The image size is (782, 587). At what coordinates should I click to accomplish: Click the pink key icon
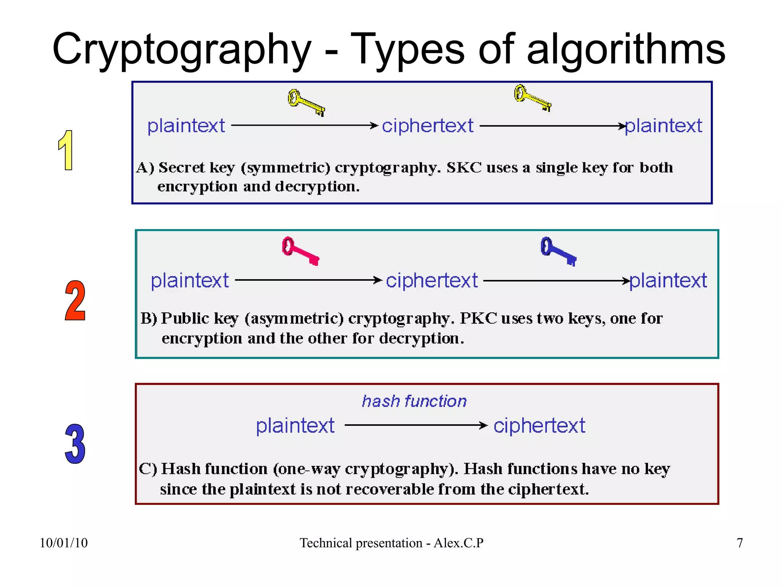[301, 251]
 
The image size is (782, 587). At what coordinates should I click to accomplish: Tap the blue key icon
[558, 251]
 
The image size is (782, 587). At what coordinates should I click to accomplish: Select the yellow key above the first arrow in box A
[306, 102]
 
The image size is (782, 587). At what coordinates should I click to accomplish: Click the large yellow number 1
[66, 150]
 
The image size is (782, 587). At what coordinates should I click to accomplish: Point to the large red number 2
[75, 301]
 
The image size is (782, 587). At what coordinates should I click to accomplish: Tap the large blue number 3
[75, 444]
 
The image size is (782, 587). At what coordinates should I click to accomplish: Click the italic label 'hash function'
[414, 401]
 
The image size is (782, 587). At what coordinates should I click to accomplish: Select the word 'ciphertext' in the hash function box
[539, 425]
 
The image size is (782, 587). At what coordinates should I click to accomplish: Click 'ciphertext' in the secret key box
[428, 126]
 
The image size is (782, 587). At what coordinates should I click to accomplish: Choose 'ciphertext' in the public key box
[432, 280]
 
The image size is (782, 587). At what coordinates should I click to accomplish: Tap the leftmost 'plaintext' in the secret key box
[186, 126]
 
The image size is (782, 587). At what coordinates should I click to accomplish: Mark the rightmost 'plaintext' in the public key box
[668, 280]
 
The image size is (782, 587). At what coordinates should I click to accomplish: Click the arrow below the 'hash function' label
[416, 425]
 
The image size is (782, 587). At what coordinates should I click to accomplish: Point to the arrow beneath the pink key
[308, 280]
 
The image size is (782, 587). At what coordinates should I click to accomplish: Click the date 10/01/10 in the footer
[64, 543]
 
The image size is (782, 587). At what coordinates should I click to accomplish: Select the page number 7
[740, 543]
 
